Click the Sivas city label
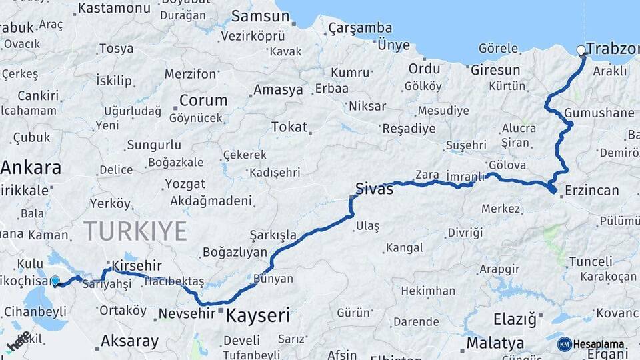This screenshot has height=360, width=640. click(374, 189)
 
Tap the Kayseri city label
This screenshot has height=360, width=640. click(257, 315)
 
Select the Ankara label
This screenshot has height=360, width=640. click(31, 167)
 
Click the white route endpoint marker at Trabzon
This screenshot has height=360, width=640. click(581, 50)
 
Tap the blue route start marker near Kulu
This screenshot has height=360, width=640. click(55, 281)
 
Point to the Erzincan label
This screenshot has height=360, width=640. click(591, 190)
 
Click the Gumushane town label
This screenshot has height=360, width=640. click(599, 113)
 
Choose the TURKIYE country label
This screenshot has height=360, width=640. click(135, 231)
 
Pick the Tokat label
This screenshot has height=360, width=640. click(289, 127)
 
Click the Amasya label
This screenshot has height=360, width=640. click(278, 89)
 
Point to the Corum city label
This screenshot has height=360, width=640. click(203, 100)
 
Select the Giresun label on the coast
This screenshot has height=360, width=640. click(495, 69)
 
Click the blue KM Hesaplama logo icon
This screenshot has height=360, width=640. click(564, 344)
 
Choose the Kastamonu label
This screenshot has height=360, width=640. click(114, 8)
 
